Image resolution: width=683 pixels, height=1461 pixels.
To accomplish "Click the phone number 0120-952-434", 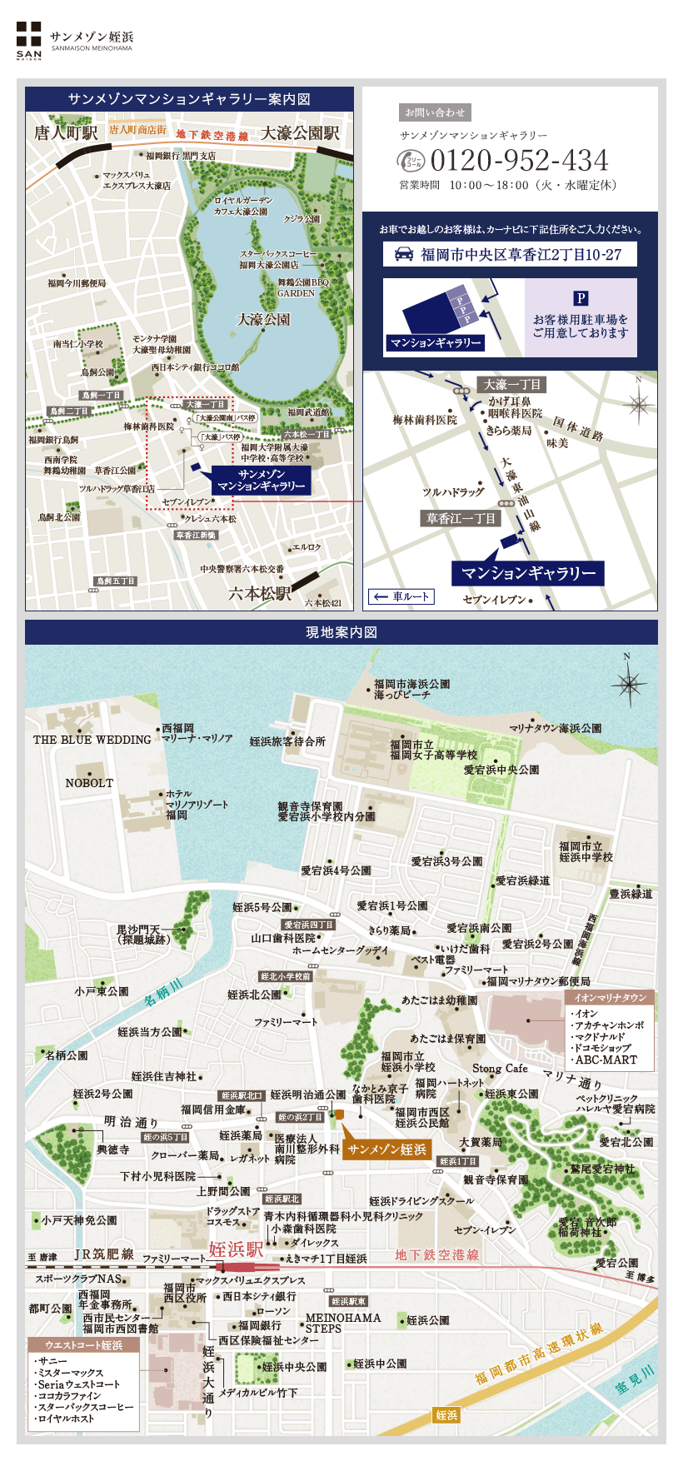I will (519, 160).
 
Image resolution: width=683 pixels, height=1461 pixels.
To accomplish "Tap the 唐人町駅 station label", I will (66, 133).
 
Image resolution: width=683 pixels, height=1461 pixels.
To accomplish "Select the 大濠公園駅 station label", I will (300, 133).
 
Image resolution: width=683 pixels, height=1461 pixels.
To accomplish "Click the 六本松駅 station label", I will (260, 593).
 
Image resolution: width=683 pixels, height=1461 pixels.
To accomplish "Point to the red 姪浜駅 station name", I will (236, 1249).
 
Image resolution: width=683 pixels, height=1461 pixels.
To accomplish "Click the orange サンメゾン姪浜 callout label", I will (387, 1149).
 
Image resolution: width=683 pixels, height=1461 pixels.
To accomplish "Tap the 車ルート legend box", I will (402, 596).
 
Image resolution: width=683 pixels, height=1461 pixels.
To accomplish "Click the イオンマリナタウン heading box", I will (610, 997).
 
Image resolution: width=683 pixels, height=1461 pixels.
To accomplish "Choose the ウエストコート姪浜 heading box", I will (82, 1345).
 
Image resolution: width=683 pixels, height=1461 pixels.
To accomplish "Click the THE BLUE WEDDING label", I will (92, 740).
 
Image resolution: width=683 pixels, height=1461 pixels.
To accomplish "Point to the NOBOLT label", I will (89, 783).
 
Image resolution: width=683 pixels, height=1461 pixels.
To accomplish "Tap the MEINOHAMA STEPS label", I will (342, 1323).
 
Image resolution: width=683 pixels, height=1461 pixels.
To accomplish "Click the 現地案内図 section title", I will (341, 632).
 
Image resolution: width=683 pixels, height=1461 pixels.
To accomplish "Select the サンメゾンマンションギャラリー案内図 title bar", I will (189, 99).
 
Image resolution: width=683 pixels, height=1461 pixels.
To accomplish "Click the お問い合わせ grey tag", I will (435, 112).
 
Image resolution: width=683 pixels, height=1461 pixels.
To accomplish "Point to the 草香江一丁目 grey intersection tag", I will (461, 518).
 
